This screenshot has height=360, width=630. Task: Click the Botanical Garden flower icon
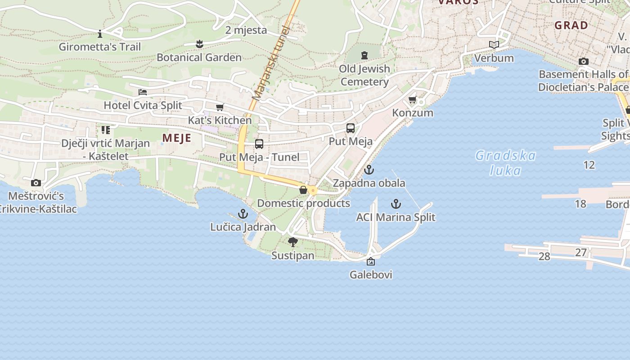pos(199,44)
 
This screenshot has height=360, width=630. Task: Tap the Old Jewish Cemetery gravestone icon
pos(364,55)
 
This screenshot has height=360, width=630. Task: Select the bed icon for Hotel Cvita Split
pos(143,92)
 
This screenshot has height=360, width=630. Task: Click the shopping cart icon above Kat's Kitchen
pos(220,107)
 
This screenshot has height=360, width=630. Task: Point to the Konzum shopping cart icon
pos(412,99)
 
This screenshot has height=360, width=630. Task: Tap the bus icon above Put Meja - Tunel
pos(259,144)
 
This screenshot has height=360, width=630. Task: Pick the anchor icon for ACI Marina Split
pos(396,204)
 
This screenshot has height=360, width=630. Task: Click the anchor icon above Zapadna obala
pos(369,170)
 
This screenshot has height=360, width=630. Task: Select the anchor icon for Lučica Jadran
pos(243,213)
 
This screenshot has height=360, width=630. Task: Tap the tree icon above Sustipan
pos(293,242)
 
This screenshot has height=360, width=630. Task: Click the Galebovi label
pos(371,274)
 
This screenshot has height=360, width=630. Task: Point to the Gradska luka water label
pos(506,163)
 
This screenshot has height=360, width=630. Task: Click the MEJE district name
pos(177,138)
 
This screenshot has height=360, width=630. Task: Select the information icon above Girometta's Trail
pos(100,34)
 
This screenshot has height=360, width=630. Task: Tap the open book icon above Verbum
pos(494,45)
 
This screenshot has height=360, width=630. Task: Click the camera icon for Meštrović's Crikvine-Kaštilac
pos(36,183)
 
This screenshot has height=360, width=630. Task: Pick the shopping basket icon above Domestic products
pos(303,190)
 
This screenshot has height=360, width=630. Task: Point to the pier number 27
pos(581,252)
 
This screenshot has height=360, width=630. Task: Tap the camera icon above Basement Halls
pos(584,61)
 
